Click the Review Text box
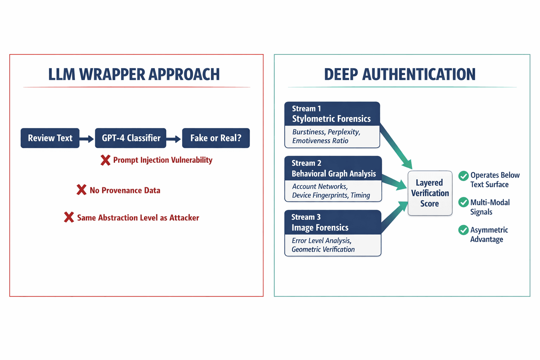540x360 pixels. pos(50,138)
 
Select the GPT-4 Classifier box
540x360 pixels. pos(131,138)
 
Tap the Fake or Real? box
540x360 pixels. pos(216,138)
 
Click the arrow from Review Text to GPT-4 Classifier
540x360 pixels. pos(87,139)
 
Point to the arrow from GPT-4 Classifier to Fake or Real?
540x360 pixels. pos(174,139)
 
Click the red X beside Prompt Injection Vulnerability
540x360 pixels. pos(105,160)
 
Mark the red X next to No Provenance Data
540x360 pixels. pos(82,190)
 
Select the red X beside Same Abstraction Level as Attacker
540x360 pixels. pos(69,217)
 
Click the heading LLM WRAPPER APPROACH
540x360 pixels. pos(134,75)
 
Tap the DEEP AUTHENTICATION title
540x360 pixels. pos(400,75)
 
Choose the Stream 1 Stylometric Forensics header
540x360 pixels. pos(332,114)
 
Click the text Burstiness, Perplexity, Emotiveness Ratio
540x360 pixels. pos(326,136)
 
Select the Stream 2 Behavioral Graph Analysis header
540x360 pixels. pos(333,168)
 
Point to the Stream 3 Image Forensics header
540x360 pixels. pos(333,223)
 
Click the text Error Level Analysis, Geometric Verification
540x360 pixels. pos(323,245)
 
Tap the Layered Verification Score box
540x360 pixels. pos(430,193)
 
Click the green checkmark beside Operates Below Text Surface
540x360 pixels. pos(463,176)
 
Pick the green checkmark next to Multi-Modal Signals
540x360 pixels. pos(463,202)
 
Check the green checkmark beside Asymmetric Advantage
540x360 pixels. pos(463,230)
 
